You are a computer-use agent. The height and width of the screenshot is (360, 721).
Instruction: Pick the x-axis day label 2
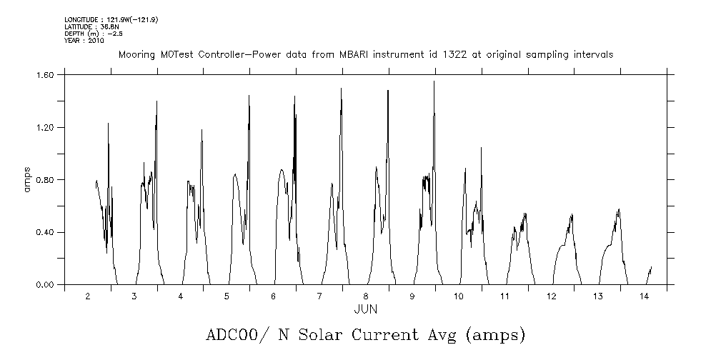(88, 296)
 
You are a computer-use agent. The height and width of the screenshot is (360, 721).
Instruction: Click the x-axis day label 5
(227, 296)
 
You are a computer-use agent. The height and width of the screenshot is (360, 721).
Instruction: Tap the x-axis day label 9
(412, 296)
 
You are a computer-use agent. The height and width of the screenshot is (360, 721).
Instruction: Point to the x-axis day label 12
(551, 296)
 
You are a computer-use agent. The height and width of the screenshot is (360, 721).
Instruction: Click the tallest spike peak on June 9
(434, 81)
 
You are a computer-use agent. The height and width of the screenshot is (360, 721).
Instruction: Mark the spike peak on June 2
(108, 124)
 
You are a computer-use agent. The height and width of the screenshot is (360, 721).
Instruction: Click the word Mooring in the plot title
(134, 55)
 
